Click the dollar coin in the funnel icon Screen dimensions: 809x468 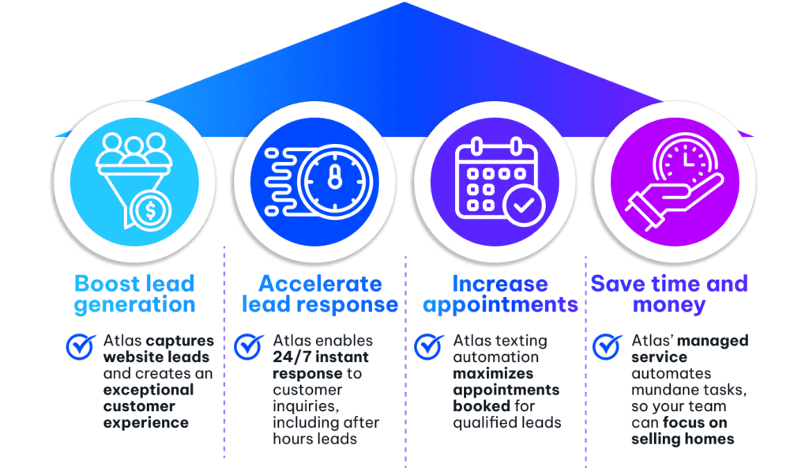[151, 211]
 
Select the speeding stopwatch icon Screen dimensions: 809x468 [318, 181]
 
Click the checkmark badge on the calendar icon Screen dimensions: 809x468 [525, 206]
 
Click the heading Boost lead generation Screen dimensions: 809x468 [134, 294]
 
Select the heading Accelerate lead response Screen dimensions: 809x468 [320, 294]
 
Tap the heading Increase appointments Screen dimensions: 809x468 [500, 294]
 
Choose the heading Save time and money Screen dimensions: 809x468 [669, 294]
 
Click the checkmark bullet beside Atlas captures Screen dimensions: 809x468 [81, 346]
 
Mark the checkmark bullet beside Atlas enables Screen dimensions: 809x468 [249, 346]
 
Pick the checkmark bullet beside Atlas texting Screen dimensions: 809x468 [429, 346]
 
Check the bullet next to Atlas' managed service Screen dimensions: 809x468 [608, 346]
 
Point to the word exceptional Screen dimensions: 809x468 [149, 390]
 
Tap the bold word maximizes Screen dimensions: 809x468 [493, 373]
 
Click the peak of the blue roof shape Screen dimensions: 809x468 [404, 2]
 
